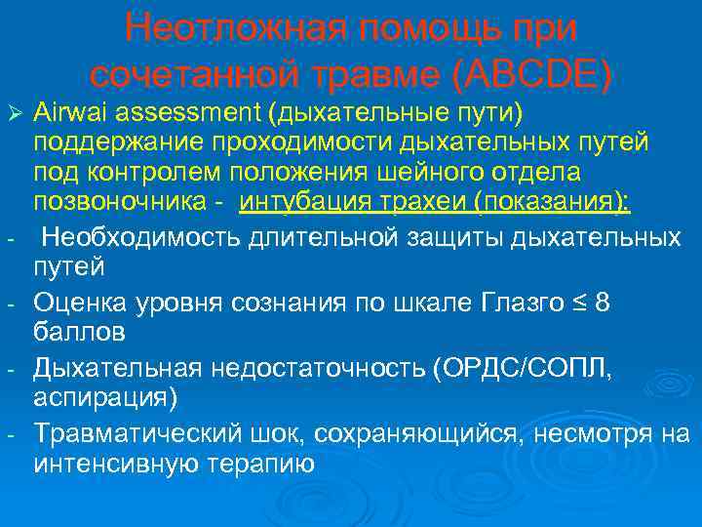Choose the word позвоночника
point(120,201)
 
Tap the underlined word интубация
point(305,201)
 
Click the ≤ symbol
point(582,303)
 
